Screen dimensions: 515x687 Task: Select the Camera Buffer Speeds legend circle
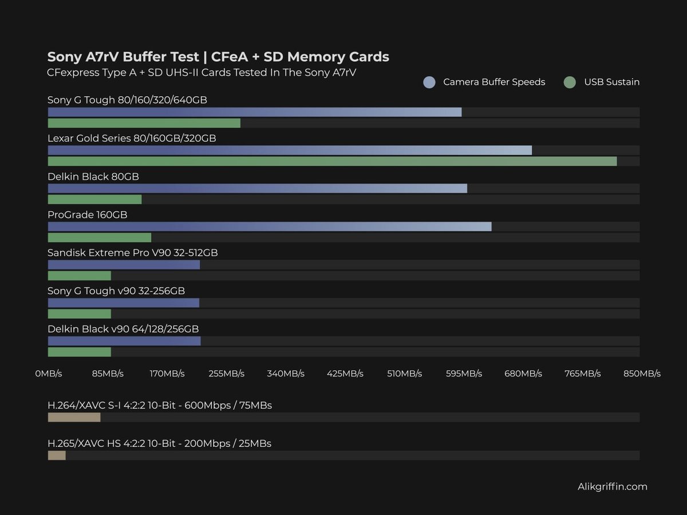[x=429, y=82]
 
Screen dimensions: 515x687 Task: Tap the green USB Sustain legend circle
[x=570, y=82]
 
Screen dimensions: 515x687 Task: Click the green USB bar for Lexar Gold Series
[x=332, y=161]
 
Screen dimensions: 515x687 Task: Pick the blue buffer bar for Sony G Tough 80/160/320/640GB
[x=254, y=112]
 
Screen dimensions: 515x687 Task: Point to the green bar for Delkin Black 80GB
[x=94, y=200]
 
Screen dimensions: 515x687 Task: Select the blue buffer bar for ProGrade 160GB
[x=269, y=227]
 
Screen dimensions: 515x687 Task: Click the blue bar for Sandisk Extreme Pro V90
[x=124, y=265]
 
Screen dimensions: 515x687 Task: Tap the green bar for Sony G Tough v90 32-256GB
[x=79, y=314]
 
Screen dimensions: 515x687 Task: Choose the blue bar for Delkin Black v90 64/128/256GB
[x=124, y=341]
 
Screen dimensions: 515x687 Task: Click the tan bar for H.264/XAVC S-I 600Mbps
[x=74, y=418]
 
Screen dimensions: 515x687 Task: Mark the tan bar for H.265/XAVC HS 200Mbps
[x=57, y=455]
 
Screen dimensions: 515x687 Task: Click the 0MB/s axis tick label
[x=49, y=374]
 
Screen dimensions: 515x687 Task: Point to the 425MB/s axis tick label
[x=345, y=374]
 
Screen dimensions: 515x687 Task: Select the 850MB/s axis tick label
[x=642, y=374]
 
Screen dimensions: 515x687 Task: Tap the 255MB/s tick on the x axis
[x=226, y=374]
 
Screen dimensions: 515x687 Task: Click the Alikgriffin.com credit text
[x=613, y=487]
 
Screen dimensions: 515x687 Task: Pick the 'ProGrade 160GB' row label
[x=87, y=215]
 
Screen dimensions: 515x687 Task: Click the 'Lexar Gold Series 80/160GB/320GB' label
[x=132, y=138]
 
